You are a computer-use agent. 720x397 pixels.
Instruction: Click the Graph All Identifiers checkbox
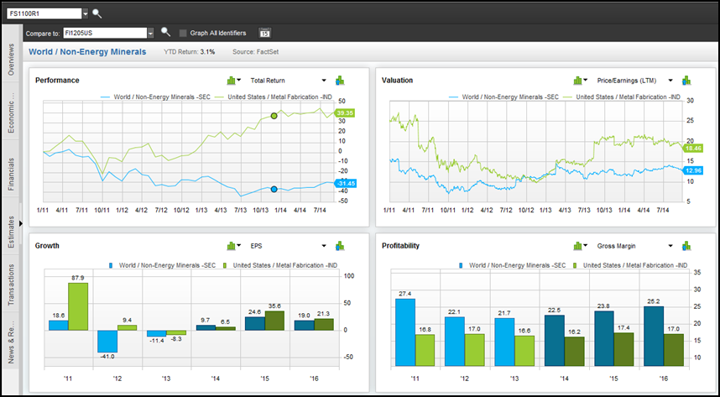coord(183,33)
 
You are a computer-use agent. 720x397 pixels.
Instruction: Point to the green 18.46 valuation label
coord(693,148)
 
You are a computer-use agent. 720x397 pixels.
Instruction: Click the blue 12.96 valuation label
coord(693,170)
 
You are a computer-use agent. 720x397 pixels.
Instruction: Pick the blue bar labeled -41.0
coord(107,341)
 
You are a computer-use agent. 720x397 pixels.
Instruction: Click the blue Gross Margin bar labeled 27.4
coord(405,332)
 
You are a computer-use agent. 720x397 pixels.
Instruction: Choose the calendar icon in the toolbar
coord(264,34)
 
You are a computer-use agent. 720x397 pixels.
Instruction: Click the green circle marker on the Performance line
coord(274,116)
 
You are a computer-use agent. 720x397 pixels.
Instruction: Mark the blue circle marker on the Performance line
coord(274,189)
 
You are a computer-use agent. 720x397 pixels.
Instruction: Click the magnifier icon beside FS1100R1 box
coord(97,13)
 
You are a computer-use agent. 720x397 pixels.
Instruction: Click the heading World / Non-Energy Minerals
coord(86,52)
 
